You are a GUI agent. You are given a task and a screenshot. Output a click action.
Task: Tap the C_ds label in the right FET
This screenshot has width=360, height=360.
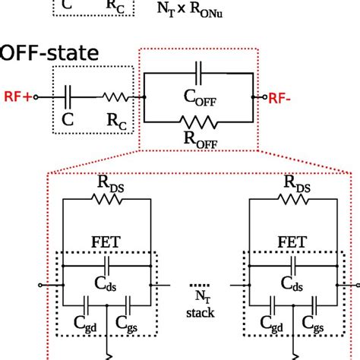click(x=293, y=283)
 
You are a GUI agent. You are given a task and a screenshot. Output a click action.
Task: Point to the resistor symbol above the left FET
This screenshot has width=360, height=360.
click(x=107, y=199)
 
